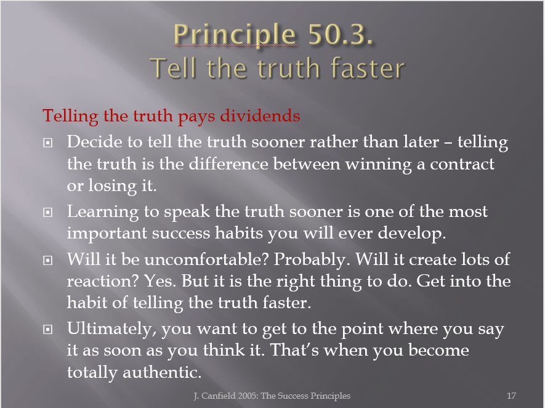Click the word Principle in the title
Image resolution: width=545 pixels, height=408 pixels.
235,35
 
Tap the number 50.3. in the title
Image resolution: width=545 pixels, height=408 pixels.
341,34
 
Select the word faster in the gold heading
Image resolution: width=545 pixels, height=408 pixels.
368,68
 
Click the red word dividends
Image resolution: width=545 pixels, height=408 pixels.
260,115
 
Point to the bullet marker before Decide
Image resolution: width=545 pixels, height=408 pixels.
48,142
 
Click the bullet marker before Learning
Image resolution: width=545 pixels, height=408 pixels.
48,212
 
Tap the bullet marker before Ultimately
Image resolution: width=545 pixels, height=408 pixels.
48,329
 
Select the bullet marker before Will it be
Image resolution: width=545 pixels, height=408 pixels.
48,260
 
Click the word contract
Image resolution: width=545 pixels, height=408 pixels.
462,164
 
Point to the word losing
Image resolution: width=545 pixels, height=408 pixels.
112,186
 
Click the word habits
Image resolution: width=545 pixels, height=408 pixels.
238,233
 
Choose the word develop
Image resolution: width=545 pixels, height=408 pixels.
411,234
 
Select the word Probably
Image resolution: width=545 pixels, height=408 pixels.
310,260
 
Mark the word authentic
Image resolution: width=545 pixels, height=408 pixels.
162,372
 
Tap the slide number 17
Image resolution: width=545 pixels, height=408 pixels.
511,396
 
